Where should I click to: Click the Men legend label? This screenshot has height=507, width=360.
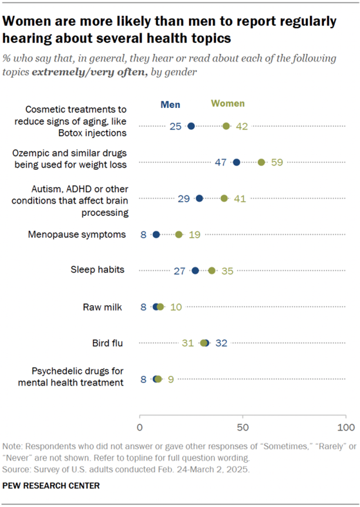[170, 105]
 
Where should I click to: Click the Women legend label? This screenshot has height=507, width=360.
[228, 104]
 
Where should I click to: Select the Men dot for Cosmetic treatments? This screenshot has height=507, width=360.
[191, 126]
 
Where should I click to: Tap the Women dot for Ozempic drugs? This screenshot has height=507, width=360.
[262, 162]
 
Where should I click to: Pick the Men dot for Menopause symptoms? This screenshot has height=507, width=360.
[156, 234]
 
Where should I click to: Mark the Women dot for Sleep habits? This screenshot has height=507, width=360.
[212, 271]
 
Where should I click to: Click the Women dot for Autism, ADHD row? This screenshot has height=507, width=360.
[224, 198]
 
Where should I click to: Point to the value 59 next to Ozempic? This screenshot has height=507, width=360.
[277, 163]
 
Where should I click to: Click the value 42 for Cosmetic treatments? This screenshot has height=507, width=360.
[241, 126]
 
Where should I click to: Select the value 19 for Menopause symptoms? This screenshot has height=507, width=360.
[194, 235]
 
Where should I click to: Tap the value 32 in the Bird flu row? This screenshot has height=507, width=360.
[221, 343]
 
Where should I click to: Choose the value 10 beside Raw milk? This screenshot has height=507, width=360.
[176, 307]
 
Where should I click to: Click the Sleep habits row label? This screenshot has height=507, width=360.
[97, 270]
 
